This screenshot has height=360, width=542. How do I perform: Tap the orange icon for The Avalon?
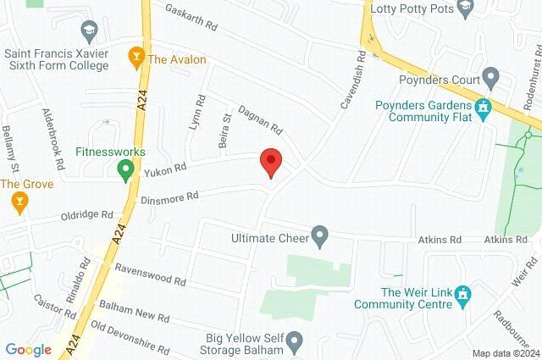pyautogui.click(x=135, y=58)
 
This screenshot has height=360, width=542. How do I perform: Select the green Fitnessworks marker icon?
pyautogui.click(x=126, y=172)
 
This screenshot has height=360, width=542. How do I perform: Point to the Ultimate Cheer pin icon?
pyautogui.click(x=319, y=235)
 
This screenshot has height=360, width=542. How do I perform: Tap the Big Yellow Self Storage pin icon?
pyautogui.click(x=294, y=342)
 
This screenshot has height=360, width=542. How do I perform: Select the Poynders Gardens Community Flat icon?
pyautogui.click(x=484, y=108)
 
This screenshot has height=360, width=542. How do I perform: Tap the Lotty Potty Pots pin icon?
pyautogui.click(x=464, y=8)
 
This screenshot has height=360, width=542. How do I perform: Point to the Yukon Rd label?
pyautogui.click(x=164, y=170)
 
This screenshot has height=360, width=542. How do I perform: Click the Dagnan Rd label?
pyautogui.click(x=259, y=121)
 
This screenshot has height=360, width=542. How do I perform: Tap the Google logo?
pyautogui.click(x=28, y=349)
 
